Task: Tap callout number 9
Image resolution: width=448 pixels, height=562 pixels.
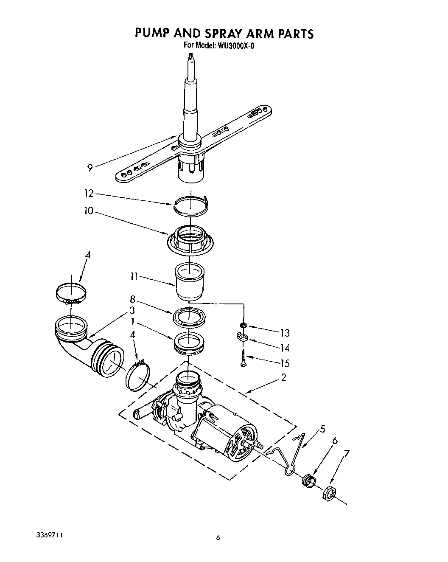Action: click(90, 168)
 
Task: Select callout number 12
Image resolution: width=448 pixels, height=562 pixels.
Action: click(88, 194)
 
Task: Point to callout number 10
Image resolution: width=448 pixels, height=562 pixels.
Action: click(88, 211)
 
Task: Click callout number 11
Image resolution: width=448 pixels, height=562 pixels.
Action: click(134, 276)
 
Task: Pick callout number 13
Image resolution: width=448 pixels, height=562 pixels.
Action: click(285, 332)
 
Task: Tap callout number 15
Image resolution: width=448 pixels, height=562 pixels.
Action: click(285, 363)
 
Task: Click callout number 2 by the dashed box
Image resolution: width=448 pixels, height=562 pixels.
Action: click(283, 377)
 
